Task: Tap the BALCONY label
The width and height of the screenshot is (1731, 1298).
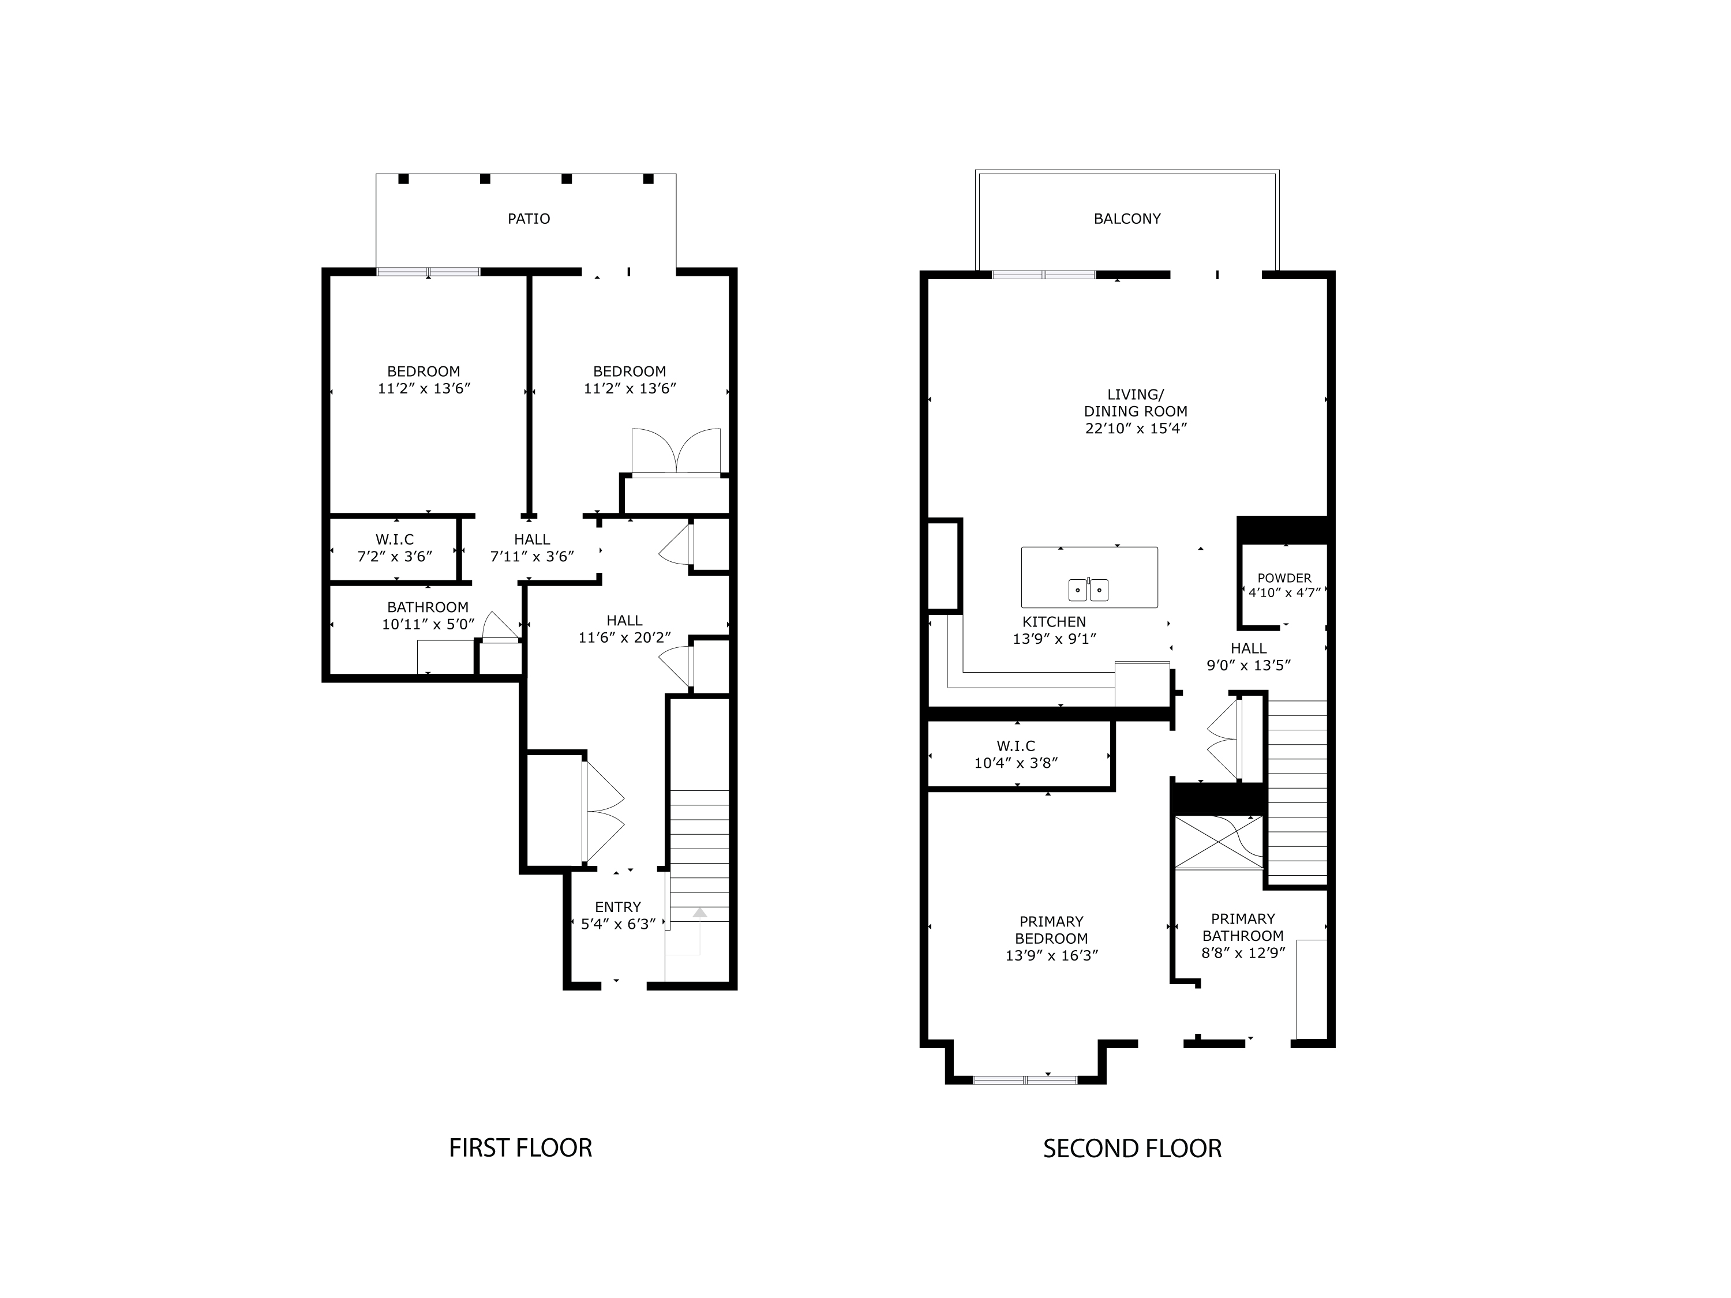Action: click(x=1126, y=219)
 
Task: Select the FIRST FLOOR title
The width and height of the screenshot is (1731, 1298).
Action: click(x=520, y=1148)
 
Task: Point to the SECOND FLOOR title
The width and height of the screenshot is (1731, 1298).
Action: click(x=1131, y=1149)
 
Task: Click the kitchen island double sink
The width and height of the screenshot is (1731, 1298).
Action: click(x=1088, y=589)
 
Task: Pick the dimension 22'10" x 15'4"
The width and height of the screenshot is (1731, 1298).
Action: click(x=1136, y=429)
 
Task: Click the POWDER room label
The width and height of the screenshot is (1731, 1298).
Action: click(x=1284, y=578)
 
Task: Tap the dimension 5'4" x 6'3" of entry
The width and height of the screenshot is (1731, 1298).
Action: click(x=617, y=924)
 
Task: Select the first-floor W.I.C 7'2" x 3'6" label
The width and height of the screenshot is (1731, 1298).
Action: click(x=395, y=547)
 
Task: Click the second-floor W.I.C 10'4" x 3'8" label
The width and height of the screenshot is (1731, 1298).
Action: click(x=1016, y=754)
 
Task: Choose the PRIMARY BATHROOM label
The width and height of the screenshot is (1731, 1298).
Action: click(x=1243, y=927)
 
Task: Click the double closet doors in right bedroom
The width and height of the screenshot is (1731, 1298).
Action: click(x=676, y=452)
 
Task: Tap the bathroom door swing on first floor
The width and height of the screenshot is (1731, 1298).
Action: click(x=499, y=627)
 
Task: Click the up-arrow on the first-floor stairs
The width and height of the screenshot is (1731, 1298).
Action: click(x=699, y=913)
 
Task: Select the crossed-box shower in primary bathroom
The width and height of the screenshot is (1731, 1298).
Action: click(x=1219, y=842)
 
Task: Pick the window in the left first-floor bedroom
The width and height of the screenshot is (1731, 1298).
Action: click(x=428, y=272)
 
